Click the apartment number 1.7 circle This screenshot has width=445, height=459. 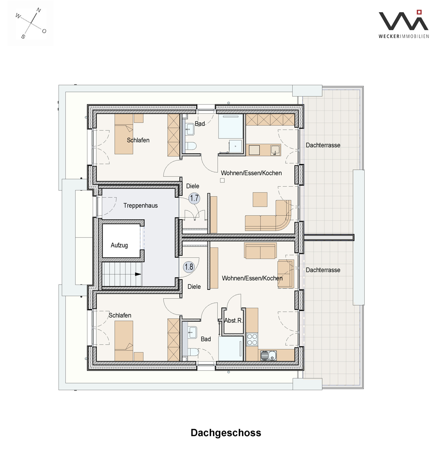coord(194,198)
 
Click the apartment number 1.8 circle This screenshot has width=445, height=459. coord(189,267)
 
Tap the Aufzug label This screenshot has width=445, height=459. coord(119,245)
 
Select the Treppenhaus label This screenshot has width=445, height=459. coord(140,205)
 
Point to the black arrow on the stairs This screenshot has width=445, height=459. coord(138,274)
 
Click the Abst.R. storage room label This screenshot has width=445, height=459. coord(233,320)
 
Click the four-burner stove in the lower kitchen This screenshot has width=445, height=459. coord(252,339)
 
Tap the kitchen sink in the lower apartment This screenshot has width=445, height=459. coord(269,355)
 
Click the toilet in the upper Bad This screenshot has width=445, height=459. coord(191,146)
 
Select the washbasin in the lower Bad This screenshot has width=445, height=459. coord(192,332)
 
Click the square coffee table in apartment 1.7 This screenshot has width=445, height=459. coord(260,199)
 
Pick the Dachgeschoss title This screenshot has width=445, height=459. coord(226,433)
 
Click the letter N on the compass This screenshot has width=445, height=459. coord(39,10)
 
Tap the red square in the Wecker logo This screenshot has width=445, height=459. coord(419,12)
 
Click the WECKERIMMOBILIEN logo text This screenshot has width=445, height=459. coord(404,36)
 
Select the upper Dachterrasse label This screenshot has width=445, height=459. coord(323,145)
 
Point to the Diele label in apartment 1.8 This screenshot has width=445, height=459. coord(194,286)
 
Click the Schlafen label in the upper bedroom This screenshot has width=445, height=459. coord(138,140)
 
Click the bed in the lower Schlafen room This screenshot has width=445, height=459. coord(124,340)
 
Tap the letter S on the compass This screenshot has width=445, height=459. coord(23,37)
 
